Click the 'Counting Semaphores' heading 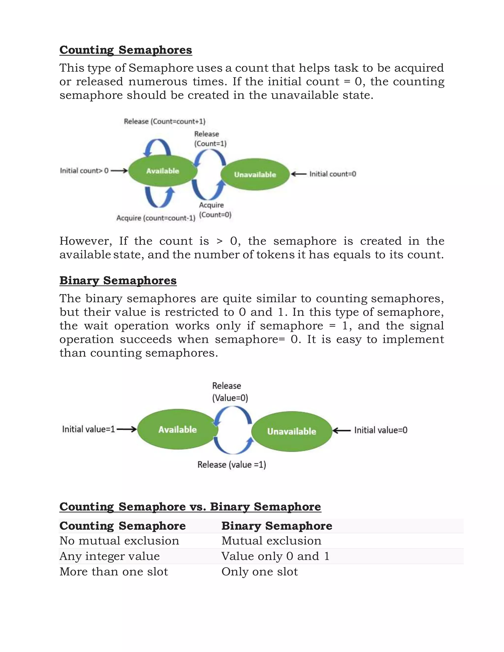pyautogui.click(x=126, y=50)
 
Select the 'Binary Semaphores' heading pyautogui.click(x=118, y=281)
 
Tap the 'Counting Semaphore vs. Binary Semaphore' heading pyautogui.click(x=190, y=507)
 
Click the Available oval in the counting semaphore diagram pyautogui.click(x=163, y=171)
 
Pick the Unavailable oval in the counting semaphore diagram pyautogui.click(x=255, y=174)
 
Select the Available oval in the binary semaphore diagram pyautogui.click(x=178, y=429)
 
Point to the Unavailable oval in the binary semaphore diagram pyautogui.click(x=292, y=431)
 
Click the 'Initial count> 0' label pyautogui.click(x=84, y=171)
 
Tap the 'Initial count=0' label pyautogui.click(x=333, y=174)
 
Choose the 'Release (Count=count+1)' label pyautogui.click(x=165, y=122)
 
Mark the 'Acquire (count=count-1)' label pyautogui.click(x=156, y=218)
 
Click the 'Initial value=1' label pyautogui.click(x=89, y=429)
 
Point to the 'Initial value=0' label pyautogui.click(x=381, y=430)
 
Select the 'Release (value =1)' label pyautogui.click(x=232, y=465)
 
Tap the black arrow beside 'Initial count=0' pyautogui.click(x=299, y=174)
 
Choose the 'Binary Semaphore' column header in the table pyautogui.click(x=277, y=526)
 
